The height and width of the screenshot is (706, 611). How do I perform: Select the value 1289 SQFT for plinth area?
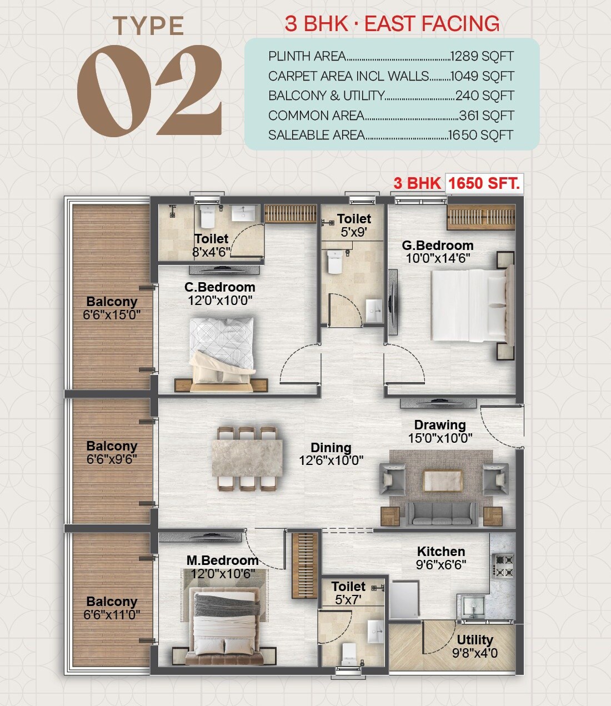click(482, 56)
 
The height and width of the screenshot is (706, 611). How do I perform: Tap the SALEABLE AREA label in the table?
click(316, 135)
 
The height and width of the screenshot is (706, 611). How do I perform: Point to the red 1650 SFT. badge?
click(484, 183)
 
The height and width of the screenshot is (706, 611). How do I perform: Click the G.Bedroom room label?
click(438, 246)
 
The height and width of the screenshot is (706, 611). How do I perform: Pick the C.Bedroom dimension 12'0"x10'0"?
click(220, 301)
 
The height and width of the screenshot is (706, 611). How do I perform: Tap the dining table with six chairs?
click(247, 459)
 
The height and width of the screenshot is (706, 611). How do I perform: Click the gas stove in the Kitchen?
click(503, 565)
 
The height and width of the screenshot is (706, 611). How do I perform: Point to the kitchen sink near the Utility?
click(473, 608)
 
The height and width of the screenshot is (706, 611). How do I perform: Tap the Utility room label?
click(475, 639)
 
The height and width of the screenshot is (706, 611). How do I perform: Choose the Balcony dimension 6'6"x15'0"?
click(112, 315)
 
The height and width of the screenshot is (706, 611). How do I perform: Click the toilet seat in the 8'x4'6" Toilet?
click(207, 218)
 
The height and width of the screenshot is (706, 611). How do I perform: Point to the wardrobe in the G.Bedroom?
click(481, 217)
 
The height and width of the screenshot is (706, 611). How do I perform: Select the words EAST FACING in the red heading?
click(432, 24)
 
